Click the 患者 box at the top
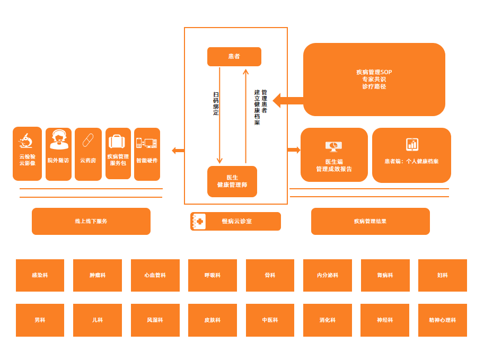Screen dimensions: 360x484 234,57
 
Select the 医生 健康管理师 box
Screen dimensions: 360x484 232,181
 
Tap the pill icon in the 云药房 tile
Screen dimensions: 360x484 88,141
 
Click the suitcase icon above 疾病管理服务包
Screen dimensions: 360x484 117,142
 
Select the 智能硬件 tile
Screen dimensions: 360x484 147,154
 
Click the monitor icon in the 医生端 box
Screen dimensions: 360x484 333,146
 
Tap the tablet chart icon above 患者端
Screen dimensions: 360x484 412,144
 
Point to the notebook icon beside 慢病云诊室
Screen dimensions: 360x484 198,221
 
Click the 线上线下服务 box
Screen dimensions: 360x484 91,221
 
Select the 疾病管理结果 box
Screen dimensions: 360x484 370,221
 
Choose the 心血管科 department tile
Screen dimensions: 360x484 155,275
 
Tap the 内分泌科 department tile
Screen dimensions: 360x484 327,275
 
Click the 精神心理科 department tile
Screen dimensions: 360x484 442,320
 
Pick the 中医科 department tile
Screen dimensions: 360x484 270,320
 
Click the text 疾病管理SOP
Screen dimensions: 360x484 374,72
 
